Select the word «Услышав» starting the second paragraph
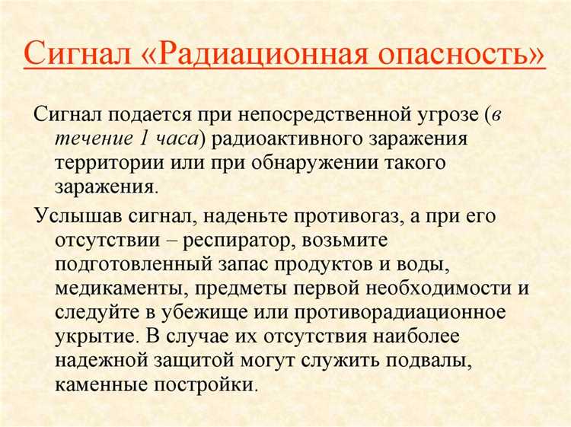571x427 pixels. (x=73, y=216)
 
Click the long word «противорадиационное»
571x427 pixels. (x=423, y=312)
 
